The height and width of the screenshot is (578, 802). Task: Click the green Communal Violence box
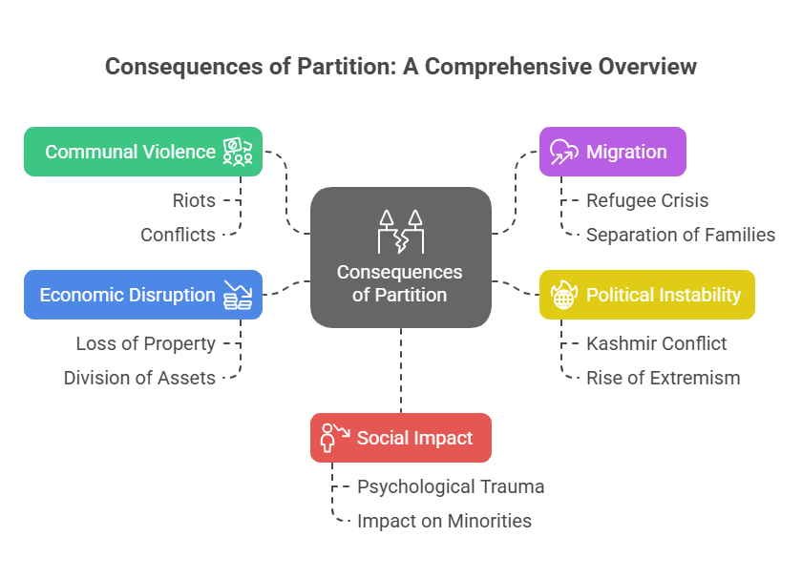pos(143,152)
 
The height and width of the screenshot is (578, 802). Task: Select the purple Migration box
pos(612,152)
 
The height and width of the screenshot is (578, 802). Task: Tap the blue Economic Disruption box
pos(143,294)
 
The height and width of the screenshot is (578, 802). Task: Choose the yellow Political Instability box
pos(646,295)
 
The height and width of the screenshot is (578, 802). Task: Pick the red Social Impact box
pos(401,438)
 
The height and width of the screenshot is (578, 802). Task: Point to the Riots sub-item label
pos(193,200)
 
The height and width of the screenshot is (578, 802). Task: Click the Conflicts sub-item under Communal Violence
pos(178,235)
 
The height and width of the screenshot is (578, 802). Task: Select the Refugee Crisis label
pos(646,200)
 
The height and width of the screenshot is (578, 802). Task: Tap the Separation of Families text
pos(680,235)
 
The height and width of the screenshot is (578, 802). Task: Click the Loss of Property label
pos(145,343)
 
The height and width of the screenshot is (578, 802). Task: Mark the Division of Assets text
pos(139,378)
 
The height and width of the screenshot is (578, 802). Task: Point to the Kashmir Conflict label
pos(656,343)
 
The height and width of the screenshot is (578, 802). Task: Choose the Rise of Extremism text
pos(663,378)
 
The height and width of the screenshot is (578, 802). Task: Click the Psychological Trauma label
pos(450,486)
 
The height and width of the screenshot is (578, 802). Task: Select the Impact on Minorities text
pos(444,521)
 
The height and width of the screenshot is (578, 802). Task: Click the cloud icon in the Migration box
pos(563,151)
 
